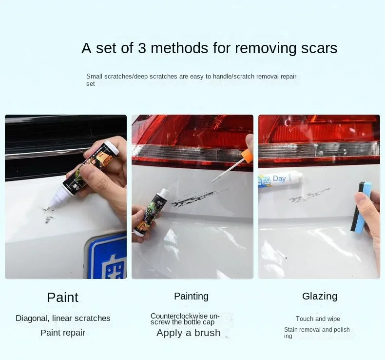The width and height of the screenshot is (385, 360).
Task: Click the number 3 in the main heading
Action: point(142,48)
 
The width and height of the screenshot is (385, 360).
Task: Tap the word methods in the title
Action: point(179,48)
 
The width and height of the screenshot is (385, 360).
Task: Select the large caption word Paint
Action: point(62,298)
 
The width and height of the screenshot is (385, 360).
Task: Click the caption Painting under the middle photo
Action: point(191,297)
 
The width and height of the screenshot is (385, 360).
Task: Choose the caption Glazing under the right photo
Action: point(320,297)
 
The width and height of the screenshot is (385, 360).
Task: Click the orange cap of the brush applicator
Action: point(247,157)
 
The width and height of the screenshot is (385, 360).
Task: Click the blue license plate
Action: point(107,257)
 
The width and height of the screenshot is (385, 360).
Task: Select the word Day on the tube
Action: point(279,179)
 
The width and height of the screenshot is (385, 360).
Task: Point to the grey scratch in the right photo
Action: point(310,195)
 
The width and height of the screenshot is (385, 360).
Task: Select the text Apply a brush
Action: point(188,333)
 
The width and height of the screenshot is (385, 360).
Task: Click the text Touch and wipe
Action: point(318,319)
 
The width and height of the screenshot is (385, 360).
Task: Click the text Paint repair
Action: point(63,333)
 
